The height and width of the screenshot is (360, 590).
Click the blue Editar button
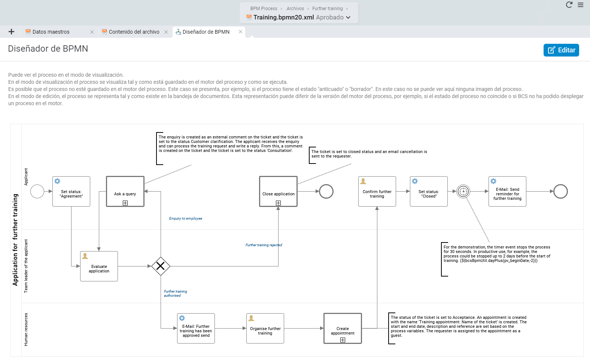tap(561, 50)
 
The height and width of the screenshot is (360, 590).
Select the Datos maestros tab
tap(51, 32)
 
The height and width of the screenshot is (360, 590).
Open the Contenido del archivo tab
tap(134, 32)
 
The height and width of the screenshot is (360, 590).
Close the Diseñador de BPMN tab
tap(240, 32)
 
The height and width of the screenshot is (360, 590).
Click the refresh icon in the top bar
tap(569, 5)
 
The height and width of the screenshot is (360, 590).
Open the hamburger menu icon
tap(581, 5)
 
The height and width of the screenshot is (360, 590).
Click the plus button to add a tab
tap(11, 32)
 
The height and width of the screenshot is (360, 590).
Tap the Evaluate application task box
tap(99, 266)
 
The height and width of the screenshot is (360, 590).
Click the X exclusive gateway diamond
tap(161, 266)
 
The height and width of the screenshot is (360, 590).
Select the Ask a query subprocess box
tap(125, 192)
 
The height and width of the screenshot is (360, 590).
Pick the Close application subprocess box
tap(279, 192)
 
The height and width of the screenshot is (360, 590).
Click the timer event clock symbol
tap(463, 192)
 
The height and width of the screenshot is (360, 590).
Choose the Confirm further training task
tap(377, 192)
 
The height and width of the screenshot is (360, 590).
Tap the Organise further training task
tap(265, 329)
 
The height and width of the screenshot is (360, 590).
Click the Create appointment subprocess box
tap(343, 329)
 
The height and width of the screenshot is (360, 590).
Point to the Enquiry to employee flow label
tap(186, 218)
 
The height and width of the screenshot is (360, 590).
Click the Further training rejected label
tap(264, 245)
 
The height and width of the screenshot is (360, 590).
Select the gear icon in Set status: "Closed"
tap(415, 181)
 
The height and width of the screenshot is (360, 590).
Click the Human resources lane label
tap(26, 329)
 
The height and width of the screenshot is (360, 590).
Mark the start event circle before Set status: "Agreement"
tap(37, 192)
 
